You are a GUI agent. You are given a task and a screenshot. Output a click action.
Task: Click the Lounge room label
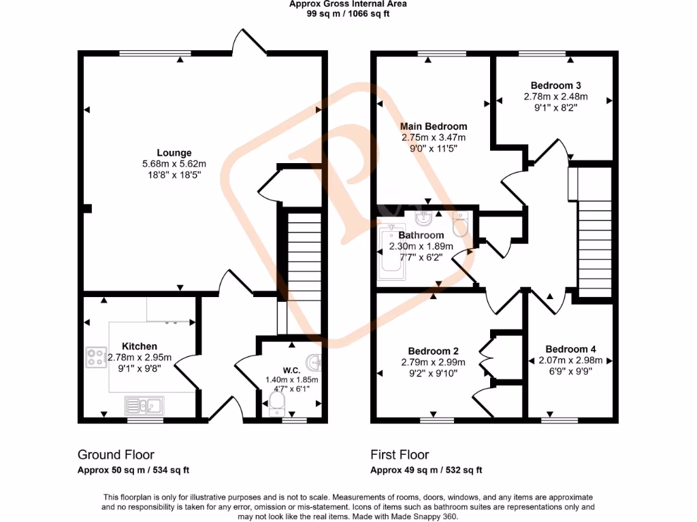[x=174, y=153]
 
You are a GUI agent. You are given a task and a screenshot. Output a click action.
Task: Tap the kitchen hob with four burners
[x=94, y=357]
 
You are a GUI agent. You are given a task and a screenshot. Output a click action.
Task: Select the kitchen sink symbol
[x=143, y=406]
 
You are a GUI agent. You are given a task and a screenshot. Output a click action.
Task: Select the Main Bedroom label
[x=434, y=126]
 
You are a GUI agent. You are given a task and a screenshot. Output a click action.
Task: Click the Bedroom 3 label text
[x=555, y=86]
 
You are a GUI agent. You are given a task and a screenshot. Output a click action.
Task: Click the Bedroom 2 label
[x=432, y=351]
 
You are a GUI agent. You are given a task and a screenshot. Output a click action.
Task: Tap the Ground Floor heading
[x=116, y=455]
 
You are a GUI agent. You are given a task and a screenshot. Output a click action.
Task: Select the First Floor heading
[x=400, y=455]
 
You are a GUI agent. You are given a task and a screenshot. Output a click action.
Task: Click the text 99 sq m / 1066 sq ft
[x=348, y=13]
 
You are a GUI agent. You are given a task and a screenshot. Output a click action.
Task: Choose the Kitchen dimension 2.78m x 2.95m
[x=140, y=358]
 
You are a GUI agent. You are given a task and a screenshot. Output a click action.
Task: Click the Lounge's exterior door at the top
[x=248, y=42]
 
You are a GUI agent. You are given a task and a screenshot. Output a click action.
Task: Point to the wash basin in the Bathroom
[x=423, y=218]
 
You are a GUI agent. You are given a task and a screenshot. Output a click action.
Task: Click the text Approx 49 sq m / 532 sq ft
[x=426, y=470]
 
